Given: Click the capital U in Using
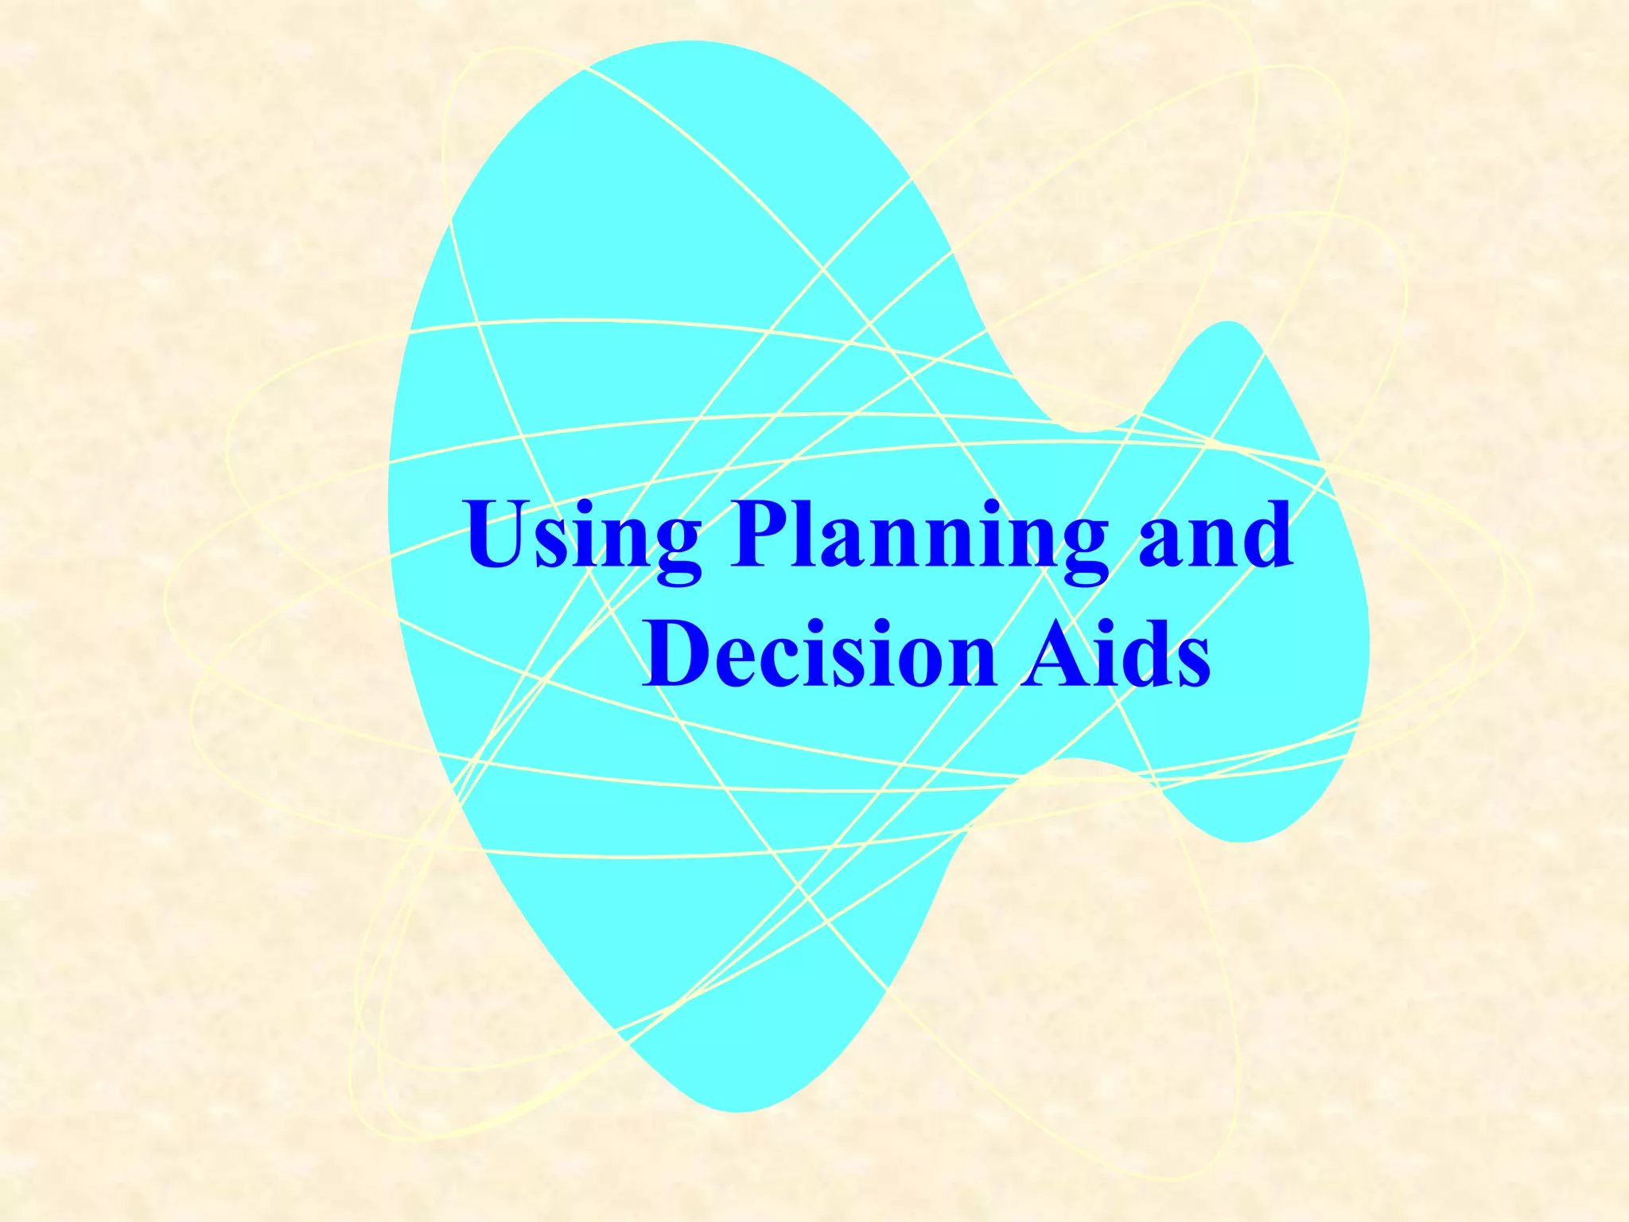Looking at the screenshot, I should [499, 533].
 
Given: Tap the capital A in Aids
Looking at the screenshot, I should [1055, 652].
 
